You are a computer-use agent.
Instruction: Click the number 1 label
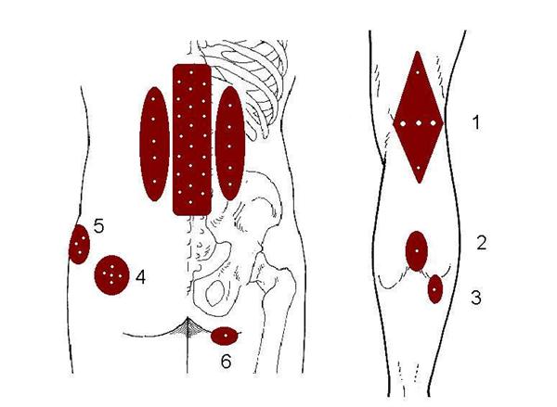[x=476, y=122]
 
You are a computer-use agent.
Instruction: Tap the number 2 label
[x=481, y=243]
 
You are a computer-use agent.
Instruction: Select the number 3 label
[x=476, y=298]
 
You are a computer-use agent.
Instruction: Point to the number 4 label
[x=141, y=277]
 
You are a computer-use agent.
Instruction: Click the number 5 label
[x=98, y=226]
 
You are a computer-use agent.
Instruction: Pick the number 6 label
[x=226, y=362]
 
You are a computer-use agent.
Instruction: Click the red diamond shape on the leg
[x=418, y=117]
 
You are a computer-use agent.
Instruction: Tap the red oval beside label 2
[x=416, y=251]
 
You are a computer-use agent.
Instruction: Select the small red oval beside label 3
[x=435, y=289]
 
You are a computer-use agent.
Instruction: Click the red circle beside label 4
[x=111, y=274]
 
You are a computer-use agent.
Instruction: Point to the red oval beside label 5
[x=79, y=244]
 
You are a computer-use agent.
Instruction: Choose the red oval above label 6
[x=226, y=336]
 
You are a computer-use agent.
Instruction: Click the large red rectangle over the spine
[x=192, y=139]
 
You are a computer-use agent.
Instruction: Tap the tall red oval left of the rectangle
[x=154, y=144]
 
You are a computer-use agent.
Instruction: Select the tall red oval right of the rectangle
[x=230, y=143]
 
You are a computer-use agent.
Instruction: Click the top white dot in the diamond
[x=418, y=72]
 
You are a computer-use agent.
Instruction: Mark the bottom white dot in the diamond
[x=419, y=168]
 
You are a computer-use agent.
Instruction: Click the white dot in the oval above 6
[x=226, y=336]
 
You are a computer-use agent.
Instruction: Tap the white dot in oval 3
[x=434, y=289]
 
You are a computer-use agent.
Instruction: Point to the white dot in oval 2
[x=416, y=251]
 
